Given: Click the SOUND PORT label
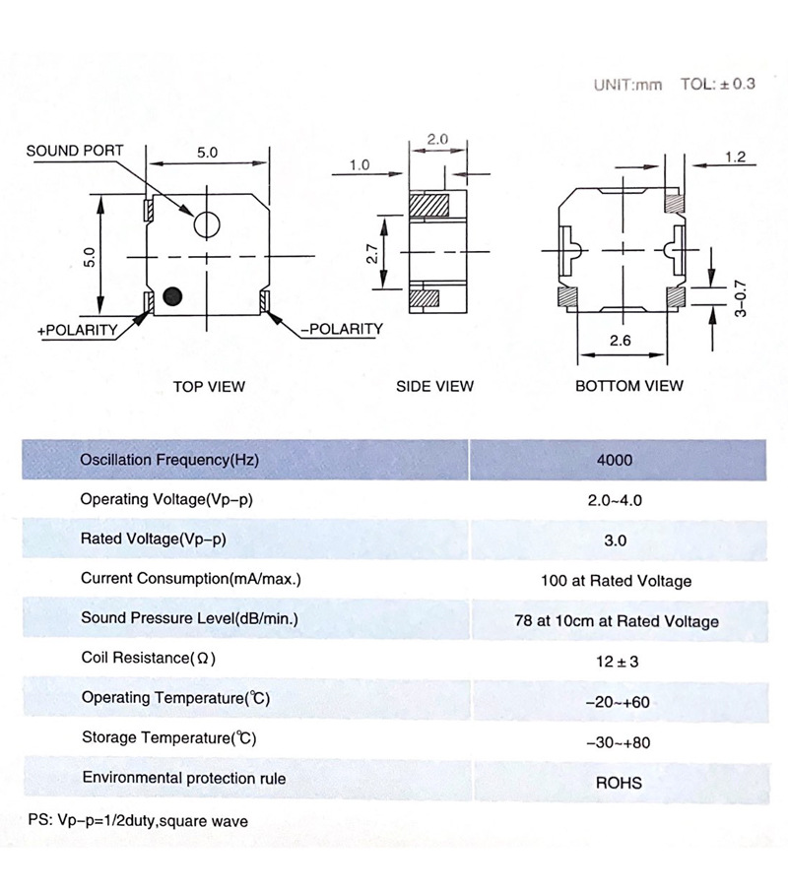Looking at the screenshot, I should pos(75,152).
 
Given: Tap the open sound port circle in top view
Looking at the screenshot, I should pos(206,224).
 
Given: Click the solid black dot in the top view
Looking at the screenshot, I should pos(174,295).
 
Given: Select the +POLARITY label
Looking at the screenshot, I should pos(78,330).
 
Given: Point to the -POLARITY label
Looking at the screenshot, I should pos(340,329).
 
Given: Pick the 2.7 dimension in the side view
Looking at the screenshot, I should pos(372,255).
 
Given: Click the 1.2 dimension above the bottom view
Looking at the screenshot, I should pos(736,157).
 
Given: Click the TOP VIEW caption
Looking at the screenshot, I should pos(209,386).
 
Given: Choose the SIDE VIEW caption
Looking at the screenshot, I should pos(434,386).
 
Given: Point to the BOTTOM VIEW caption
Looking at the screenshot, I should pos(628,386).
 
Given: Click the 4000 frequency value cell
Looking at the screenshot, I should pos(615,460).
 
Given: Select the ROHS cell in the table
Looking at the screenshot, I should pos(618,784).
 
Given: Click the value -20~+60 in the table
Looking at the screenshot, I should pos(617,702).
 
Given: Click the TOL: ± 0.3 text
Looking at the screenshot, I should pos(717,85).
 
